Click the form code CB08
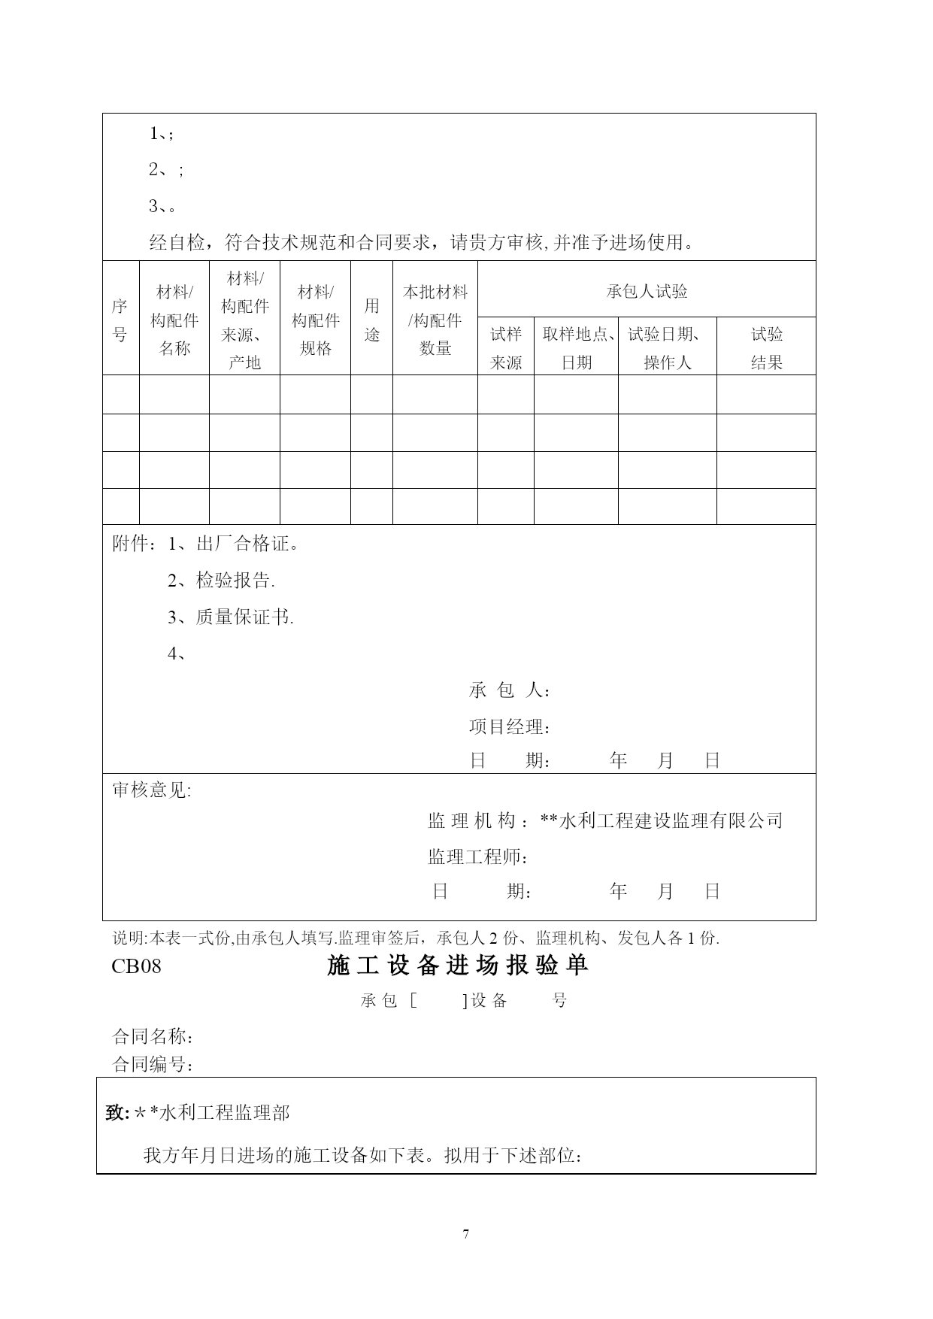(136, 966)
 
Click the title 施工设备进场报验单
(458, 966)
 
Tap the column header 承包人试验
(647, 291)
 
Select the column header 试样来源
(506, 348)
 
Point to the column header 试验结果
(766, 348)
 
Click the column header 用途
(371, 320)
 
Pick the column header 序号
(120, 320)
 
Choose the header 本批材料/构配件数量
(435, 320)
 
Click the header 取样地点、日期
(577, 348)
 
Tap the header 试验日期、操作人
(667, 348)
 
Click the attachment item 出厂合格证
(247, 544)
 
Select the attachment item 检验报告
(235, 581)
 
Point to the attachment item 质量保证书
(244, 617)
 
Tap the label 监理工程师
(477, 857)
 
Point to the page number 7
(466, 1234)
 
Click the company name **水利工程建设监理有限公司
(662, 820)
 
